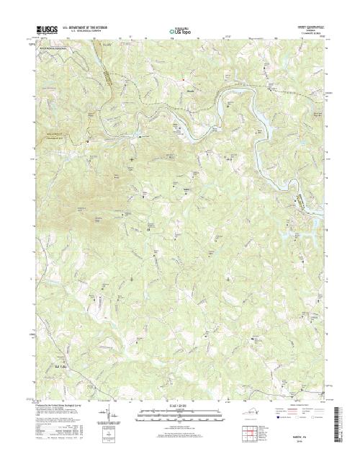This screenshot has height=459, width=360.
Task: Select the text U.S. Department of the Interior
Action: click(x=86, y=29)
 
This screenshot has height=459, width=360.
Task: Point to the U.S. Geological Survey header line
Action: click(x=86, y=32)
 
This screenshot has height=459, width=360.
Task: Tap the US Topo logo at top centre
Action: click(x=179, y=31)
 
